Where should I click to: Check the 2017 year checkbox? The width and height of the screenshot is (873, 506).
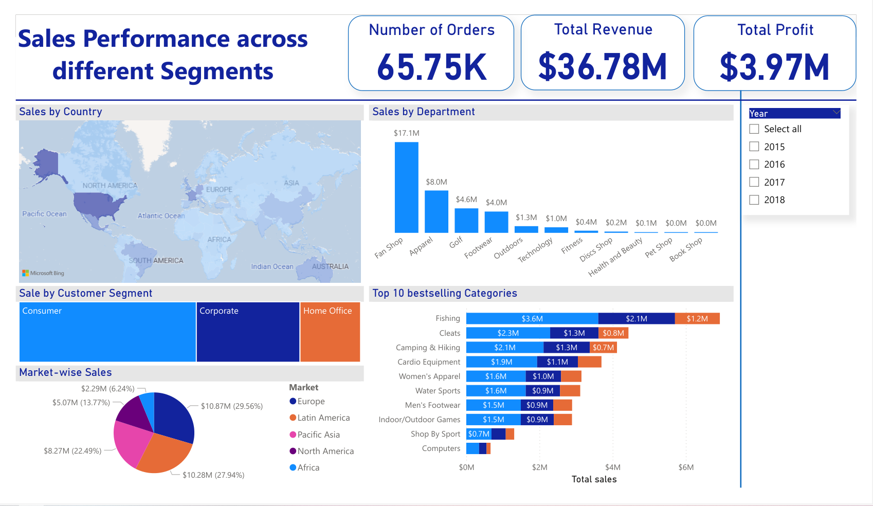pyautogui.click(x=754, y=182)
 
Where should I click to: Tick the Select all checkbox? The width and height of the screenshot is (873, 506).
pyautogui.click(x=754, y=129)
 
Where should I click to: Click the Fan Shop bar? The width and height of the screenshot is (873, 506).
pyautogui.click(x=406, y=188)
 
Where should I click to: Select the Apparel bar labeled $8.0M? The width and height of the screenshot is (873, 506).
pyautogui.click(x=436, y=211)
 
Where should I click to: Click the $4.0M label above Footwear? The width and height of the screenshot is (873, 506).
pyautogui.click(x=496, y=203)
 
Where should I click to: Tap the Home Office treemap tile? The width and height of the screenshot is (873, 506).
pyautogui.click(x=330, y=332)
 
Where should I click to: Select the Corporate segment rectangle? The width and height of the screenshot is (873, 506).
pyautogui.click(x=248, y=332)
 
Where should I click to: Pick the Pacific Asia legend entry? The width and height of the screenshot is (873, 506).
pyautogui.click(x=318, y=435)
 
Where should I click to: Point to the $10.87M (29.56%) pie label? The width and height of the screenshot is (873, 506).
pyautogui.click(x=231, y=406)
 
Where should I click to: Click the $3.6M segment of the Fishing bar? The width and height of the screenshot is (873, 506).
pyautogui.click(x=532, y=319)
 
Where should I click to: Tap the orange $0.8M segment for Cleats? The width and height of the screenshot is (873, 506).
pyautogui.click(x=613, y=333)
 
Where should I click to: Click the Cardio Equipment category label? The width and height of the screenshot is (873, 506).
pyautogui.click(x=429, y=362)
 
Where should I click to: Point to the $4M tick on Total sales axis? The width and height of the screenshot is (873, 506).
pyautogui.click(x=612, y=467)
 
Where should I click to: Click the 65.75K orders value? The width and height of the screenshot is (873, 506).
pyautogui.click(x=431, y=67)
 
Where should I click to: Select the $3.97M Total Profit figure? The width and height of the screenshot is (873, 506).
pyautogui.click(x=774, y=67)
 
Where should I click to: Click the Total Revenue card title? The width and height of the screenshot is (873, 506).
pyautogui.click(x=603, y=29)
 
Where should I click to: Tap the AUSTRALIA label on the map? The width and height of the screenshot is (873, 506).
pyautogui.click(x=330, y=266)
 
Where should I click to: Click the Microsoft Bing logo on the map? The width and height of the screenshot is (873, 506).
pyautogui.click(x=43, y=273)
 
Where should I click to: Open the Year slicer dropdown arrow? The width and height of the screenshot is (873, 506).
pyautogui.click(x=836, y=113)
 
